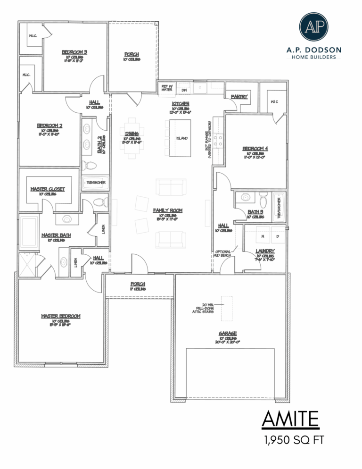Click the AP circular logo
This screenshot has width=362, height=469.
[x=313, y=27]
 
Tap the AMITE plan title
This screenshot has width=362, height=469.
[x=290, y=419]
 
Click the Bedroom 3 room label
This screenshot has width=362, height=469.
[x=74, y=52]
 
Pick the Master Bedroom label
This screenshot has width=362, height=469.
[x=60, y=316]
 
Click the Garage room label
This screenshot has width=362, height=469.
[x=227, y=333]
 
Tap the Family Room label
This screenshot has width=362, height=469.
[x=167, y=210]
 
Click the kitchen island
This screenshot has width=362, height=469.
[x=180, y=138]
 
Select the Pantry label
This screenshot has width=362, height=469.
[x=239, y=97]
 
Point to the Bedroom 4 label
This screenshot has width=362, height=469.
[x=255, y=149]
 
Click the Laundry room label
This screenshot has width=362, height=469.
[x=265, y=251]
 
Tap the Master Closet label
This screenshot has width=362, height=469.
[x=48, y=189]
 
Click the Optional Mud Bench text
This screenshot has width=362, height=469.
[x=222, y=254]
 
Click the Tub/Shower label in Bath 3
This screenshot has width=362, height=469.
[x=279, y=207]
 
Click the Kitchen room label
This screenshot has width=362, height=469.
[x=181, y=103]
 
